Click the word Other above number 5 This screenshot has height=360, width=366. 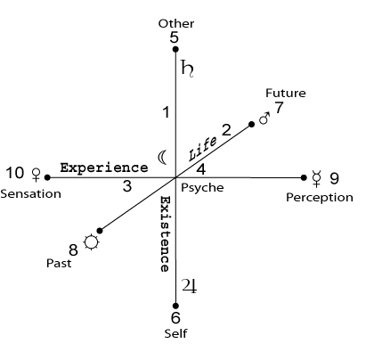(176, 23)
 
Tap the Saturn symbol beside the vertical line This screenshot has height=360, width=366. (187, 69)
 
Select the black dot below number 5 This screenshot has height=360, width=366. (175, 49)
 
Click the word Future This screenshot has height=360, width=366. (286, 93)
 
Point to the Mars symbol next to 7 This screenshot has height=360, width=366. (264, 119)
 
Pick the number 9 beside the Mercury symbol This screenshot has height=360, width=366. (334, 178)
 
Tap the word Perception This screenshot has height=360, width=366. (320, 198)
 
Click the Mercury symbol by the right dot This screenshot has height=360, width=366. (317, 178)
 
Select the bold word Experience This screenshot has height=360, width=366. (104, 168)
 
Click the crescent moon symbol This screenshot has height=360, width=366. (162, 157)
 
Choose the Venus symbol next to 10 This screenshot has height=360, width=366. (37, 175)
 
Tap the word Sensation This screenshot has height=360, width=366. (31, 194)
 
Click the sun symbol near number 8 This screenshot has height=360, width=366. (91, 242)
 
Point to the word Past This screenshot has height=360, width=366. (59, 263)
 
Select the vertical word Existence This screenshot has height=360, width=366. (165, 234)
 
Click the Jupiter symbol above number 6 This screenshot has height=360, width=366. (189, 286)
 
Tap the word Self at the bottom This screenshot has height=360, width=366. (175, 333)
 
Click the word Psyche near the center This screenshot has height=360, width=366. (202, 188)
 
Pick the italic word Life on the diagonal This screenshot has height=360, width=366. (203, 149)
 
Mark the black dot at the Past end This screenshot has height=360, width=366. (100, 231)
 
